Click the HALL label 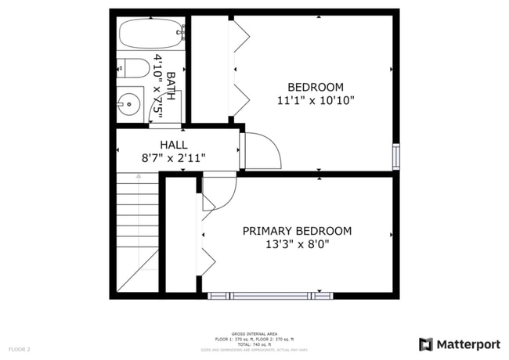tap(174, 145)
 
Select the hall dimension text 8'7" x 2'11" tap(174, 158)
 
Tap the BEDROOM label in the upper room tap(316, 87)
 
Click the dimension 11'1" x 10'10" tap(316, 100)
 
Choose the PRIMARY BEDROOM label tap(297, 231)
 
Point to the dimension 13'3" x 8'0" tap(297, 244)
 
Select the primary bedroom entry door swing tap(218, 192)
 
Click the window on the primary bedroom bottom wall tap(270, 295)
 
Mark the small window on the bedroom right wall tap(396, 156)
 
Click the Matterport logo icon tap(425, 344)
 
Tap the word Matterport tap(467, 344)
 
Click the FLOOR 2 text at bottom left tap(20, 348)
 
